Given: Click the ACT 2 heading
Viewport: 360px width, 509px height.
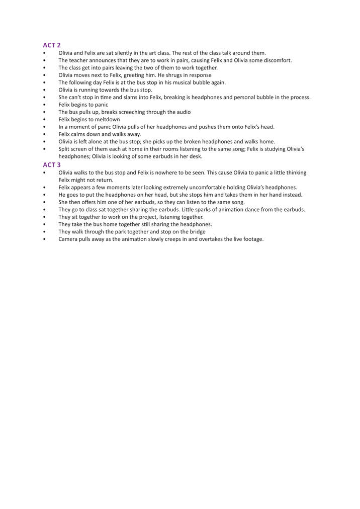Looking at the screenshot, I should (52, 45).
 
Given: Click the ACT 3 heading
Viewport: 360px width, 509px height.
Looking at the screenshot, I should (52, 164).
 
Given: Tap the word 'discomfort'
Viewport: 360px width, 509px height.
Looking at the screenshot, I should (276, 60).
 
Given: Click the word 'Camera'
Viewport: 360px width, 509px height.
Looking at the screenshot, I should (68, 239).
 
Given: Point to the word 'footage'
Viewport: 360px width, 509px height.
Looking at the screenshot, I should (253, 239).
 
